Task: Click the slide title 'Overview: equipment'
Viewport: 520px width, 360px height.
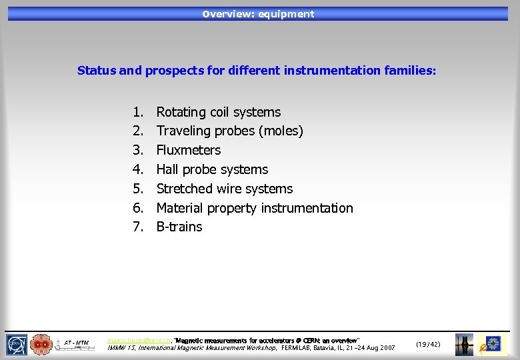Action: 258,14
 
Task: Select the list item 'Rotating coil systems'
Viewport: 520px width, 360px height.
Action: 218,112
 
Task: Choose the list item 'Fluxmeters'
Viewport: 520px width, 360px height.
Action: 188,150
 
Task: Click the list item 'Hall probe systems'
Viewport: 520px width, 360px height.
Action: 212,169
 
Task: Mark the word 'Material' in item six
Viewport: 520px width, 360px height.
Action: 180,208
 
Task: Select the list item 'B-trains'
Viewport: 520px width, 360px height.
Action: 179,227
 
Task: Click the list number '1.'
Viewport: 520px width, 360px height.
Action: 138,112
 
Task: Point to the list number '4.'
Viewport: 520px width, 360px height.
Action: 138,169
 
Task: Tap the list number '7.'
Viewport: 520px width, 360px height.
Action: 138,227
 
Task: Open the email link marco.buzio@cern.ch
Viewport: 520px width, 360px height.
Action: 139,340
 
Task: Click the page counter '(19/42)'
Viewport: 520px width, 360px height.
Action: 427,344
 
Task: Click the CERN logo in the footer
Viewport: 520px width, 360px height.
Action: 17,344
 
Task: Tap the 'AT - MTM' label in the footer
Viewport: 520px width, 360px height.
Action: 76,343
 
